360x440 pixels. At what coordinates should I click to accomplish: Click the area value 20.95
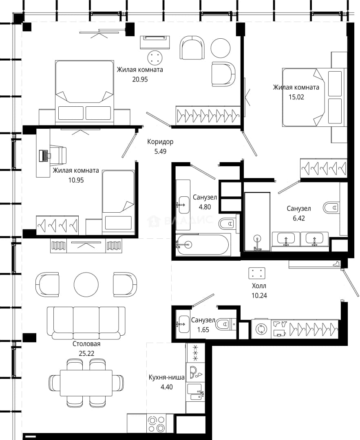[x=140, y=79]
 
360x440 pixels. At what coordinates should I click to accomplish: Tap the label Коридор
[x=160, y=142]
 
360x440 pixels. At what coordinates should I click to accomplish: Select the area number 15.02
[x=296, y=97]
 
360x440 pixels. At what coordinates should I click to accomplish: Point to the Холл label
[x=259, y=286]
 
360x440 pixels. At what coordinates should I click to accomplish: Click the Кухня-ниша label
[x=166, y=377]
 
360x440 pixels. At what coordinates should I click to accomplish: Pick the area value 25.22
[x=86, y=354]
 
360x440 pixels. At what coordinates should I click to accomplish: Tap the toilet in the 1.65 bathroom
[x=226, y=324]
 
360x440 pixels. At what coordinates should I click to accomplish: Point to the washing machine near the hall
[x=261, y=329]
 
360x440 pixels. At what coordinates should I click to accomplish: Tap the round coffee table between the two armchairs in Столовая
[x=86, y=284]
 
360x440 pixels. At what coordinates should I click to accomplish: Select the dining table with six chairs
[x=86, y=383]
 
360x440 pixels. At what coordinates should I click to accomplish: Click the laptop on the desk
[x=44, y=155]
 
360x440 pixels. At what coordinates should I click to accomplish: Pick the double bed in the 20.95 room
[x=84, y=92]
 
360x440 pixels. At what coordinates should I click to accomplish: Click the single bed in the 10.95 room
[x=118, y=202]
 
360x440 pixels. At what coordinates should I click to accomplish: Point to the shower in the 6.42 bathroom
[x=257, y=222]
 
